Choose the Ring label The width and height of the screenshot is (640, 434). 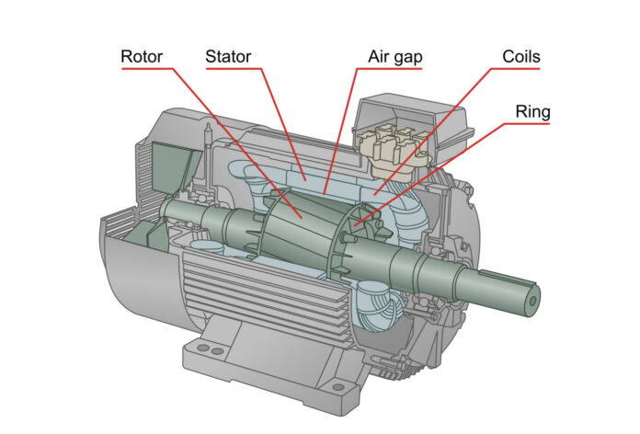click(x=531, y=112)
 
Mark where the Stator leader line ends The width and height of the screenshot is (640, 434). click(x=304, y=175)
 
